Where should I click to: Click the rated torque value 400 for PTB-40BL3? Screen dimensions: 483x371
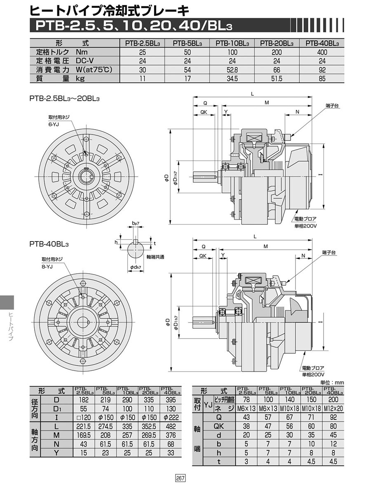pos(322,52)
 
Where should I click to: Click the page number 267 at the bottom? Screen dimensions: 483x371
pos(180,478)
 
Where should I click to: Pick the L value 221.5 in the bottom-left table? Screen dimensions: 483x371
pos(84,426)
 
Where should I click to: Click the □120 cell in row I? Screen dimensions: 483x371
pos(84,417)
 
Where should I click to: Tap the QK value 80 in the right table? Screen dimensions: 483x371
pos(333,426)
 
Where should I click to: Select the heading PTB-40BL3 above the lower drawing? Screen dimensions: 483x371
pos(49,244)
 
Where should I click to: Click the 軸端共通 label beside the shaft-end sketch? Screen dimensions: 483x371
pos(155,256)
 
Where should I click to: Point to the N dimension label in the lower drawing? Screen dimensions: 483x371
pos(303,256)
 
